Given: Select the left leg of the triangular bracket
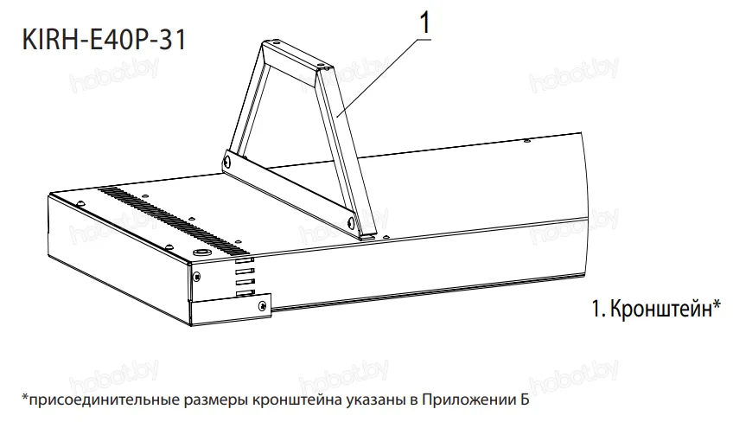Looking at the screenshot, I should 243,108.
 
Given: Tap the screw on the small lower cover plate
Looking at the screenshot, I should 260,304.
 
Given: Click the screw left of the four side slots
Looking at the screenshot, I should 198,278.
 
